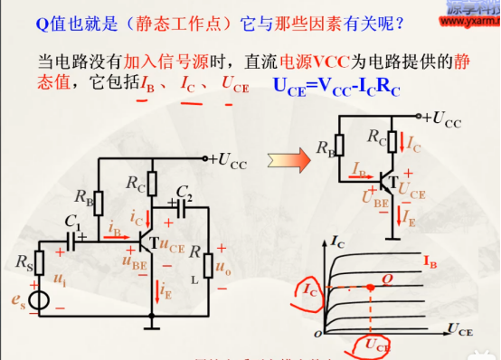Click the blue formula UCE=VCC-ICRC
336,88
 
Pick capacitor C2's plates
184,207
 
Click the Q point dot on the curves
372,287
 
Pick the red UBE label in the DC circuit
370,195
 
